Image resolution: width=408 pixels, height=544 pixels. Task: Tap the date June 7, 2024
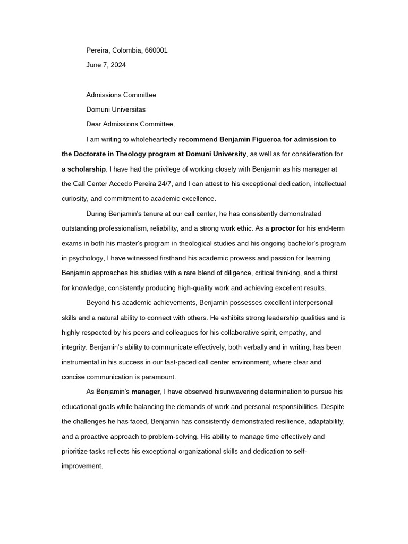point(106,65)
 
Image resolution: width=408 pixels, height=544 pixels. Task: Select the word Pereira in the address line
point(98,50)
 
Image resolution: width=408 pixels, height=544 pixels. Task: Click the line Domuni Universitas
point(116,110)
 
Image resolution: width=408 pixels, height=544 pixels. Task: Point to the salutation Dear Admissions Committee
point(130,125)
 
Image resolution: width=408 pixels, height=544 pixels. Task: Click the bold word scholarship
point(87,169)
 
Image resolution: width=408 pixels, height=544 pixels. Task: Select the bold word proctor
point(283,229)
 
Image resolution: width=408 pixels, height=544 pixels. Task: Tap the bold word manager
point(146,392)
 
